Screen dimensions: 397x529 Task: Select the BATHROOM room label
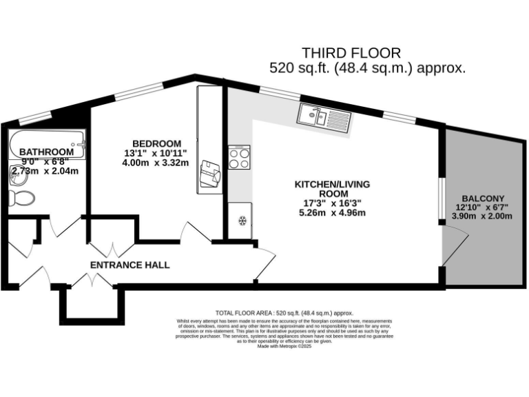pos(46,152)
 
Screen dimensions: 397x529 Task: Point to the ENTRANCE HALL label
pos(130,265)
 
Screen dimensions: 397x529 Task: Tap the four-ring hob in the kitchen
pos(239,159)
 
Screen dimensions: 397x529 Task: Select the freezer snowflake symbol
pos(241,221)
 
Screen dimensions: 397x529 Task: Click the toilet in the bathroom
pos(22,198)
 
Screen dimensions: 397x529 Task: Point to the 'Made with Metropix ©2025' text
pos(284,347)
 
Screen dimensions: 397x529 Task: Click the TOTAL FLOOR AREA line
pos(284,313)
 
